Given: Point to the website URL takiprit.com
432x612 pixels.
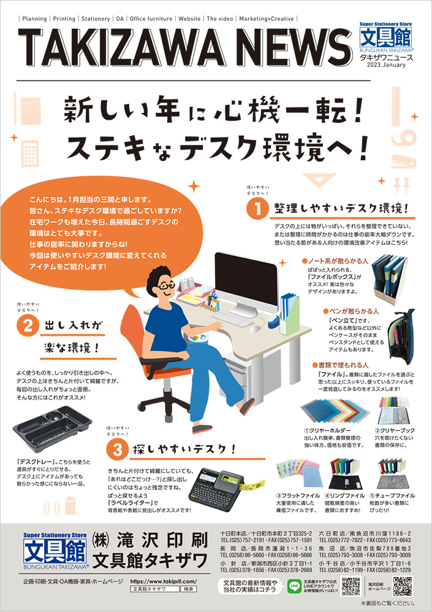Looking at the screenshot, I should tap(163, 581).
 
